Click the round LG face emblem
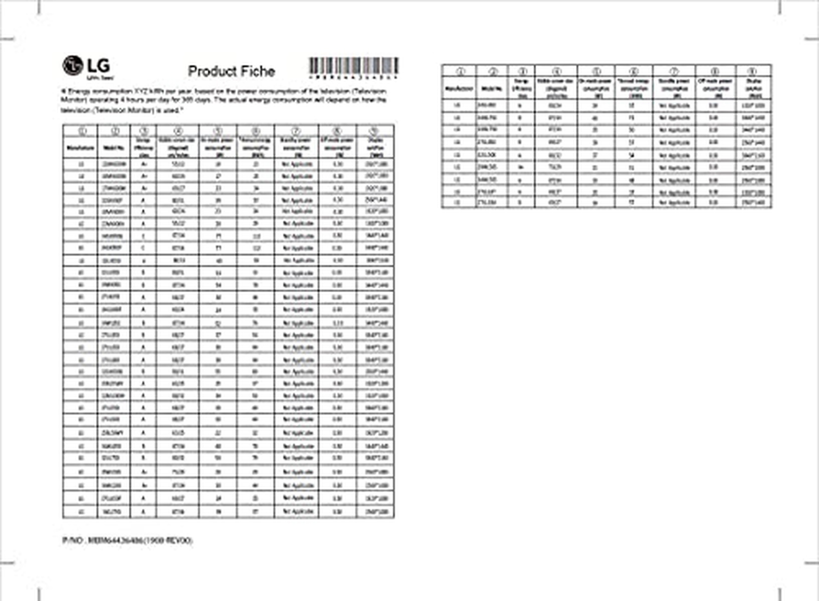(72, 66)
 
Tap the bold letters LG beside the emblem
(98, 66)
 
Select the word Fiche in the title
(257, 71)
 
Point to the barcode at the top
(353, 66)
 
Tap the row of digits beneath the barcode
(353, 78)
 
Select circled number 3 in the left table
(143, 131)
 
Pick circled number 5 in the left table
(218, 131)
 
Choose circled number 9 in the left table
(375, 131)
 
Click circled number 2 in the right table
(492, 72)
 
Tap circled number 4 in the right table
(556, 72)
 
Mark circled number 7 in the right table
(674, 72)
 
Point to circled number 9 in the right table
(753, 72)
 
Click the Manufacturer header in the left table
(80, 148)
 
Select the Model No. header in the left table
(114, 148)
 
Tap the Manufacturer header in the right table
(459, 89)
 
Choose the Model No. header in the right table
(492, 89)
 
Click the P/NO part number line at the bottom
(127, 541)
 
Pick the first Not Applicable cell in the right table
(674, 106)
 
